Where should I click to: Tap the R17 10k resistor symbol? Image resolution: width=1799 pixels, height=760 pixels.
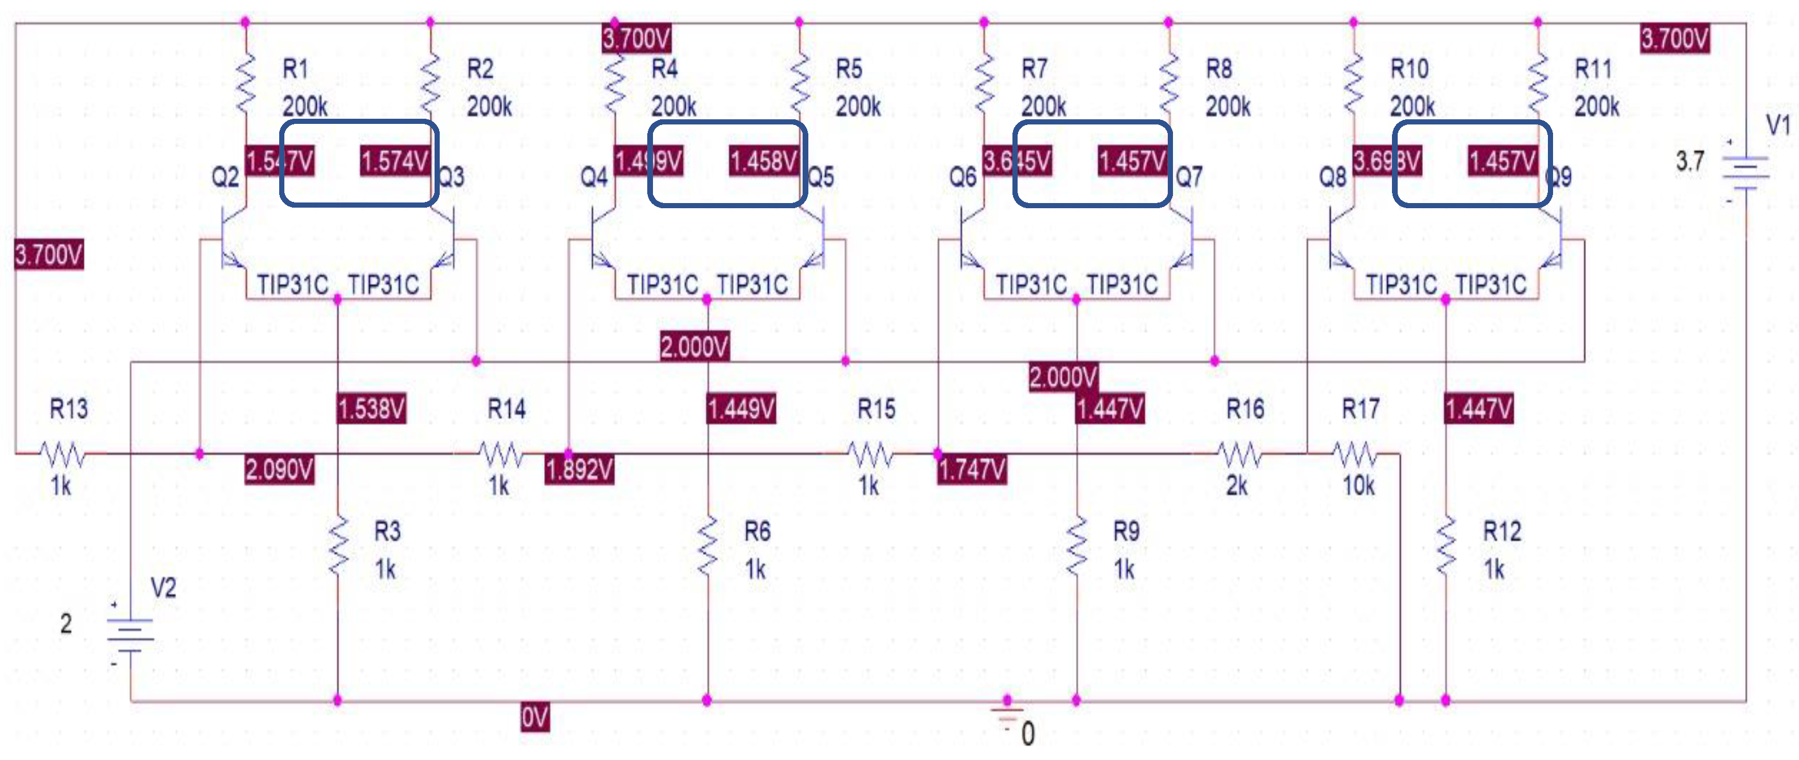[x=1355, y=455]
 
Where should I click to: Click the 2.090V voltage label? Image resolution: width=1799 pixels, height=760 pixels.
[x=279, y=469]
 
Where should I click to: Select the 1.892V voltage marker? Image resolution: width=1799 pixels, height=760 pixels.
[x=579, y=469]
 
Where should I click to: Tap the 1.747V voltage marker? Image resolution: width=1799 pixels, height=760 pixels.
[x=971, y=469]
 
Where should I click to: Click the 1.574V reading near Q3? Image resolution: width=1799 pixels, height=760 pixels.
[x=394, y=161]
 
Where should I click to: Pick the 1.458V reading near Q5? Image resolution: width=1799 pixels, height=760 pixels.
[x=763, y=161]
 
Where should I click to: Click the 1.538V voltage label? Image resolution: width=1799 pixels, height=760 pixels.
[x=371, y=408]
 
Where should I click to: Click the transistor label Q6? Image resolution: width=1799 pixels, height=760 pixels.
[x=963, y=177]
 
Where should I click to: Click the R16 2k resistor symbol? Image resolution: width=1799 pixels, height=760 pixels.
[x=1239, y=455]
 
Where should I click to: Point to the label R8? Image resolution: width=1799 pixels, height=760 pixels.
[x=1219, y=68]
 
